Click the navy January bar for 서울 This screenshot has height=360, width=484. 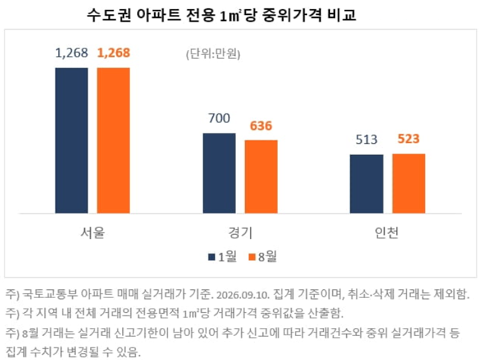(x=71, y=140)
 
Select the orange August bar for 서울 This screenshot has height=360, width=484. (x=114, y=140)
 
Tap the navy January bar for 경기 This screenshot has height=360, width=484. (x=219, y=173)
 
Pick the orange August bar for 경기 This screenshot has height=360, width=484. (x=261, y=177)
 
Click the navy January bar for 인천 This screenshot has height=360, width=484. (x=366, y=184)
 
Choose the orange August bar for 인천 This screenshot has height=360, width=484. (x=409, y=183)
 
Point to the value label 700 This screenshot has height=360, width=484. (x=219, y=118)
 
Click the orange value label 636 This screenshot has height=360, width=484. (x=261, y=126)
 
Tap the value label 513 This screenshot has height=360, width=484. (x=366, y=139)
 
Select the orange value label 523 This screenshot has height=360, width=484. (x=409, y=139)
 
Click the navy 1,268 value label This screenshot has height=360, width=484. (x=71, y=53)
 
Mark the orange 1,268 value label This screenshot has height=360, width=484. (x=114, y=53)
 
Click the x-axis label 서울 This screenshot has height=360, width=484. (x=92, y=233)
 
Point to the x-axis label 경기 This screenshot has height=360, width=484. (x=241, y=233)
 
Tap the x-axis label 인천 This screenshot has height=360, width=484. (x=386, y=233)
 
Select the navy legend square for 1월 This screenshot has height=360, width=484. (x=211, y=257)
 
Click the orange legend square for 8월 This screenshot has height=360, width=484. (x=252, y=257)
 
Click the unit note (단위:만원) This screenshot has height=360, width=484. (x=213, y=54)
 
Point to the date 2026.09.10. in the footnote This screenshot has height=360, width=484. (x=243, y=295)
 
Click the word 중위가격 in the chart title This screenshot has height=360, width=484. (x=292, y=15)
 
